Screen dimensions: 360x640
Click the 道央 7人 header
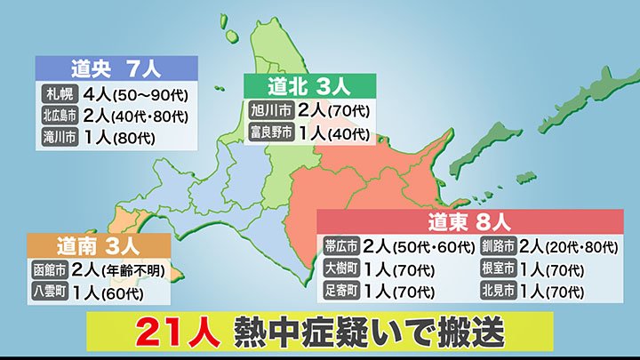[116, 68]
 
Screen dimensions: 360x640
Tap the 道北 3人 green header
[310, 86]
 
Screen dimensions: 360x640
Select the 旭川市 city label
[268, 112]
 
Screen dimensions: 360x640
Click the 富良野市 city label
[268, 134]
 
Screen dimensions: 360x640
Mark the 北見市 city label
[498, 291]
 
